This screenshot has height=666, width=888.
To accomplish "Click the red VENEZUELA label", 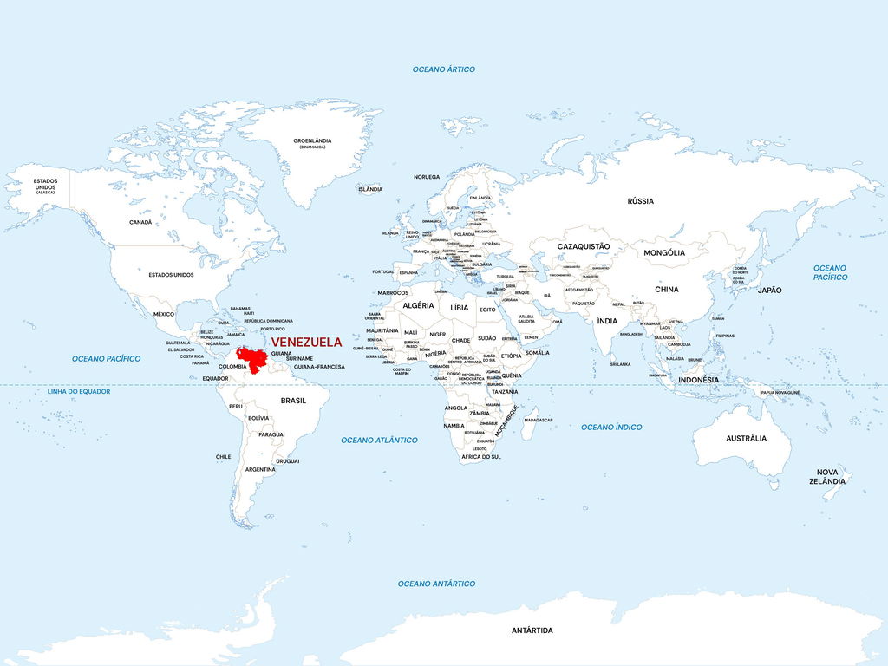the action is click(306, 343).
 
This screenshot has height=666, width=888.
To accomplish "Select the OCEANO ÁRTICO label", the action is click(443, 69).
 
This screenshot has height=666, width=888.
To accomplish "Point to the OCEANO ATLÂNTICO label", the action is click(379, 441).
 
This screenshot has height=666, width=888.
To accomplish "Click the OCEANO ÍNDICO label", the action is click(611, 428).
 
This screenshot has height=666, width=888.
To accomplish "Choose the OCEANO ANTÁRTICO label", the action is click(436, 584).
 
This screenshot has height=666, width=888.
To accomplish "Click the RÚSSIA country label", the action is click(640, 201).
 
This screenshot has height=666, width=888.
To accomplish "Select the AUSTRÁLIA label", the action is click(746, 438).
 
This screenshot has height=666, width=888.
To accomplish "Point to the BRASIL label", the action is click(293, 401).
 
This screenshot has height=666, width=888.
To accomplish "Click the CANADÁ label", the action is click(140, 222).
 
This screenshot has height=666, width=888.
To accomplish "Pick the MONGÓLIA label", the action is click(664, 252).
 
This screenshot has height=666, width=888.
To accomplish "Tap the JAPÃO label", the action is click(769, 290).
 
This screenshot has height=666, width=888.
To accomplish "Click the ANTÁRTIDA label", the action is click(532, 630).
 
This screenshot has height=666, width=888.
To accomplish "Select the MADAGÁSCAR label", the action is click(539, 420).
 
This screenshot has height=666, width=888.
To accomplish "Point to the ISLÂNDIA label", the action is click(369, 189).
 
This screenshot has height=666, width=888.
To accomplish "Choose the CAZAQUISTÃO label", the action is click(583, 246).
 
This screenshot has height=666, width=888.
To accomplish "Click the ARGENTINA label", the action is click(260, 469).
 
